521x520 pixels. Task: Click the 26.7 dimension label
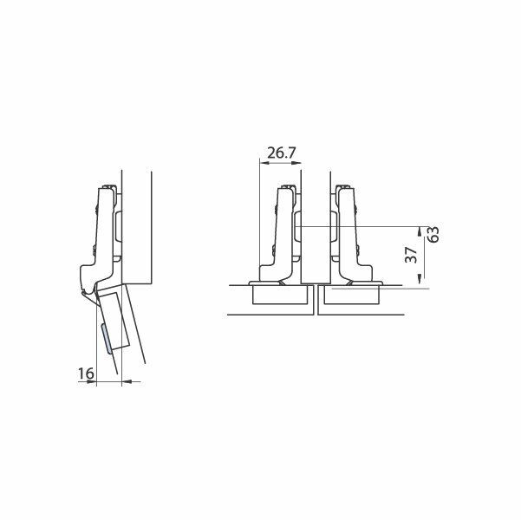pyautogui.click(x=281, y=153)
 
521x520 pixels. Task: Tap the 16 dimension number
pyautogui.click(x=86, y=374)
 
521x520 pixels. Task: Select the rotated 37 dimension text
pyautogui.click(x=412, y=255)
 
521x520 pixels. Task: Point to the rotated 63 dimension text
pyautogui.click(x=433, y=234)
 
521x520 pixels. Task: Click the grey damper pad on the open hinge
pyautogui.click(x=106, y=338)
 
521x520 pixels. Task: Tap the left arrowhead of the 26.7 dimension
pyautogui.click(x=264, y=163)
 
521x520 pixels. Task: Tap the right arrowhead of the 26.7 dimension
pyautogui.click(x=296, y=163)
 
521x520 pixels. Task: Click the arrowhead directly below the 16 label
pyautogui.click(x=91, y=382)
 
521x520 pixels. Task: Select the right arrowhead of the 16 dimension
pyautogui.click(x=127, y=382)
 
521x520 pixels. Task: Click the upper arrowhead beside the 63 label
pyautogui.click(x=420, y=231)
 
